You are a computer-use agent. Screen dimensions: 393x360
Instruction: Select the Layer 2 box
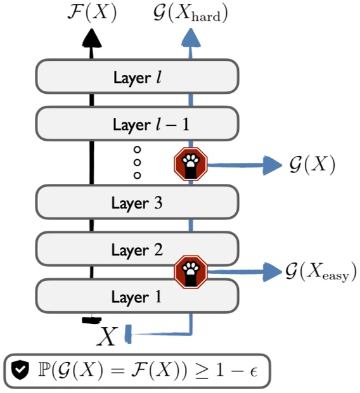click(137, 250)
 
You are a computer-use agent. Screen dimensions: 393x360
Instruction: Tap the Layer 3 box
click(137, 203)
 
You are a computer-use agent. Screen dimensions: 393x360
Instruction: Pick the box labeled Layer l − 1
click(137, 124)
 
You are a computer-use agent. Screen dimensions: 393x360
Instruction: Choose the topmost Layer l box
click(137, 77)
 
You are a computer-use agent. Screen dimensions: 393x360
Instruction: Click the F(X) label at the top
click(92, 13)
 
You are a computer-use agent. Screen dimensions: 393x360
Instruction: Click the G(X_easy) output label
click(321, 272)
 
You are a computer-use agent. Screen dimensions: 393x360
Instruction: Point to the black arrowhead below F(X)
click(92, 39)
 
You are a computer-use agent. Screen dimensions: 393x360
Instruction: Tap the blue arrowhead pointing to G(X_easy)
click(273, 271)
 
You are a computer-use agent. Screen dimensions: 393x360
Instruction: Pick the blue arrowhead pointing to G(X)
click(273, 165)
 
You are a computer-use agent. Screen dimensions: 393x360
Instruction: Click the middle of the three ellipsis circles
click(137, 162)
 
